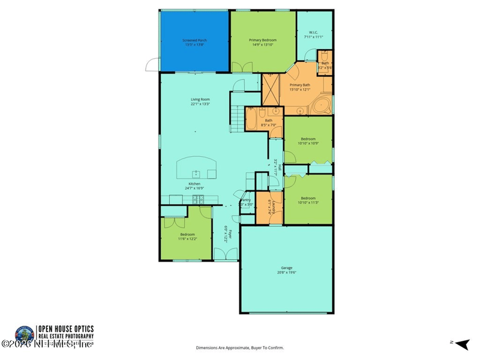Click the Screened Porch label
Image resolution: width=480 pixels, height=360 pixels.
click(x=194, y=40)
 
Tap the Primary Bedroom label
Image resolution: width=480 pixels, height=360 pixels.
click(x=263, y=40)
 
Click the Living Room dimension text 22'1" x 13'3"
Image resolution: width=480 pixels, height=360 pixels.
click(x=200, y=104)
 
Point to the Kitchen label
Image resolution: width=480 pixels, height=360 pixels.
click(x=194, y=184)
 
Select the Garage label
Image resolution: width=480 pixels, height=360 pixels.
click(x=286, y=268)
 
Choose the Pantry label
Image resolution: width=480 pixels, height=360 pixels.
click(x=245, y=200)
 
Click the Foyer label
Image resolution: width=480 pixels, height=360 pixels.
click(x=228, y=229)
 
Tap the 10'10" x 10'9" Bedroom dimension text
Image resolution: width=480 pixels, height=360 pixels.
click(x=308, y=143)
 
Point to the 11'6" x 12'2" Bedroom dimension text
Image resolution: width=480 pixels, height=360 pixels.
click(x=187, y=239)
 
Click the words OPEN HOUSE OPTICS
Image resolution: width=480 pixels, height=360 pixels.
click(x=65, y=328)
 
